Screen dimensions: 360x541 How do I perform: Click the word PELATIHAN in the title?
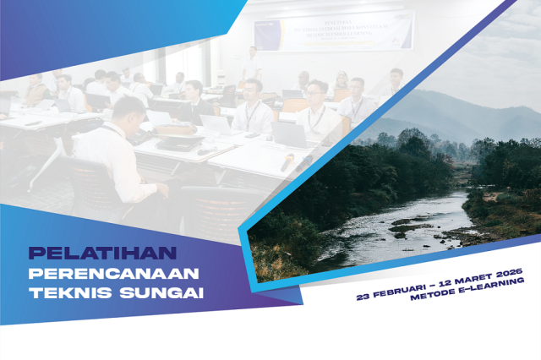102,253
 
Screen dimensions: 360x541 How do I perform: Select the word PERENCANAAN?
113,274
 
